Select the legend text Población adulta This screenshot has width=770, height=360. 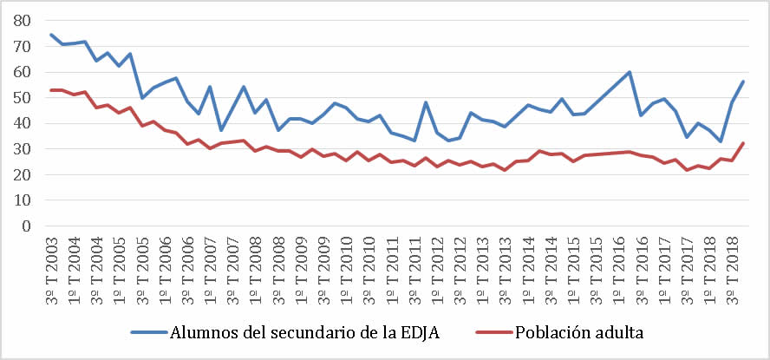pos(578,333)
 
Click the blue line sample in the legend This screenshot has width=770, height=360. pos(150,333)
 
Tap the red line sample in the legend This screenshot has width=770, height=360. pos(492,333)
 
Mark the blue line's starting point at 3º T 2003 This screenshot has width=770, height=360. pos(51,35)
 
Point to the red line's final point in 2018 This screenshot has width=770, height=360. pos(743,143)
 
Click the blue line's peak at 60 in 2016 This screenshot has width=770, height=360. pos(630,72)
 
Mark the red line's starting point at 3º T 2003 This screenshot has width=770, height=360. pos(51,90)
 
